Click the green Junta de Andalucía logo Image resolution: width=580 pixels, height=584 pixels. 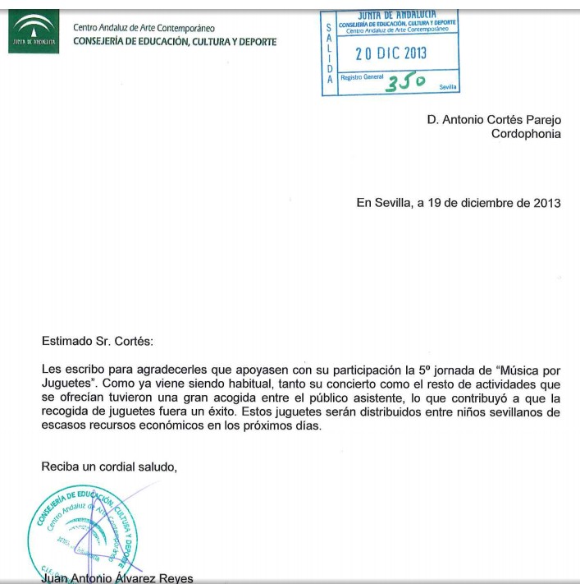(x=33, y=33)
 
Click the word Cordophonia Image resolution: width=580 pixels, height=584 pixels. (x=526, y=134)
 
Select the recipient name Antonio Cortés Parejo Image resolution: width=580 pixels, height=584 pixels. (x=501, y=119)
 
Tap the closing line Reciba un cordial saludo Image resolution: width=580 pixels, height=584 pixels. (x=109, y=467)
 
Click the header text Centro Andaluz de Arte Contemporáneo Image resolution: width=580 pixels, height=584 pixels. (x=144, y=28)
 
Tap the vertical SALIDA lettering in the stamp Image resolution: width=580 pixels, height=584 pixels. (x=330, y=53)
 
